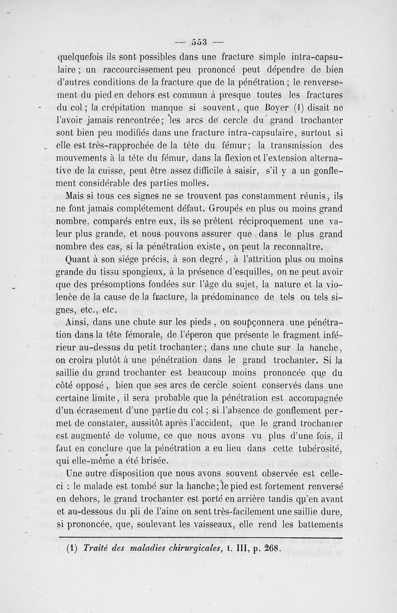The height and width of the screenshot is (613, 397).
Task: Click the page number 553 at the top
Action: (x=198, y=41)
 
